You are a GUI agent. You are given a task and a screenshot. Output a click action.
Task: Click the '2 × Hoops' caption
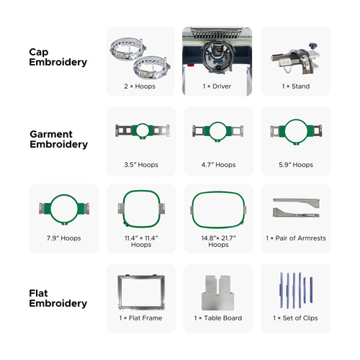click(x=140, y=86)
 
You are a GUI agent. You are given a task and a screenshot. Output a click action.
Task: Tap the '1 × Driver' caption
click(x=218, y=86)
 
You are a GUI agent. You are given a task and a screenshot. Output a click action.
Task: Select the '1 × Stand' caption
click(x=295, y=86)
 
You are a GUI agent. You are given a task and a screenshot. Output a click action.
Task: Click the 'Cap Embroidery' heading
click(x=58, y=57)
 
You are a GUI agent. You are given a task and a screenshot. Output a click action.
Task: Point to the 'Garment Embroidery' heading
click(x=58, y=139)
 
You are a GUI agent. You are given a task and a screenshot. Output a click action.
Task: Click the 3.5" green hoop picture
click(x=140, y=131)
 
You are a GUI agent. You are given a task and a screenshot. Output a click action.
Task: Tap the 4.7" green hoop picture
click(x=218, y=131)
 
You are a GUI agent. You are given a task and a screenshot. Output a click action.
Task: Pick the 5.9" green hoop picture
click(x=295, y=131)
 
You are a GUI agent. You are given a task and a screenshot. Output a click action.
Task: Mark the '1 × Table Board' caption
click(x=218, y=318)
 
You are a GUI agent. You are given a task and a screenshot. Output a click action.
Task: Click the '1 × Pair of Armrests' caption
click(x=295, y=238)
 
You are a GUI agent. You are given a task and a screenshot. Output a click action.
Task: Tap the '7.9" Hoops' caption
click(x=64, y=238)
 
